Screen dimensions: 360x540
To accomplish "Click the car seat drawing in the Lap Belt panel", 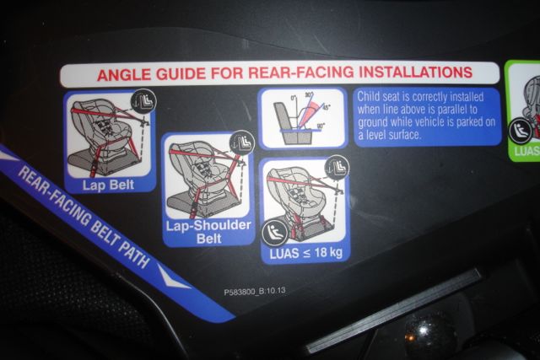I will [x=105, y=135].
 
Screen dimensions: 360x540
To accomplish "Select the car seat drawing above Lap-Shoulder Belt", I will [x=201, y=173].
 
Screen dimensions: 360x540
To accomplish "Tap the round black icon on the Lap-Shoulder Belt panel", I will [x=241, y=142].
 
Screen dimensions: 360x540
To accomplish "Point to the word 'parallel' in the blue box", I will [x=464, y=109].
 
